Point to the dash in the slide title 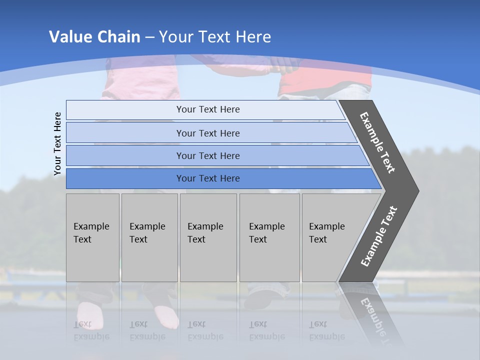pyautogui.click(x=149, y=37)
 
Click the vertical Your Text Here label pyautogui.click(x=57, y=144)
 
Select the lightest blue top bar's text pyautogui.click(x=208, y=109)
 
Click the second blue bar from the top pyautogui.click(x=208, y=133)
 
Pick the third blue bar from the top pyautogui.click(x=208, y=155)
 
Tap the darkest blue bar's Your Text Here pyautogui.click(x=208, y=178)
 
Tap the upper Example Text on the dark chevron pyautogui.click(x=377, y=142)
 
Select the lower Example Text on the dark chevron pyautogui.click(x=379, y=236)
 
